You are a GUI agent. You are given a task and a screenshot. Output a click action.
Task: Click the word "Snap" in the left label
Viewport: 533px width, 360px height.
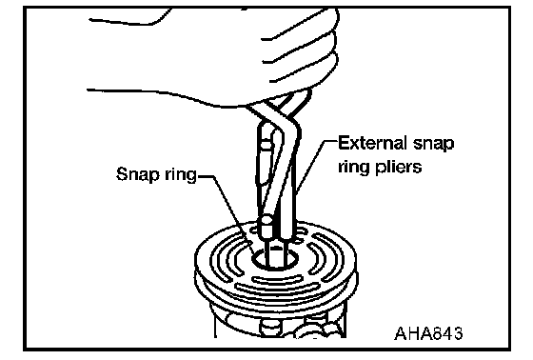point(138,174)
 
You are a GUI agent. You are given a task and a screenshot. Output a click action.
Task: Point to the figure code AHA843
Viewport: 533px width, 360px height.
point(428,333)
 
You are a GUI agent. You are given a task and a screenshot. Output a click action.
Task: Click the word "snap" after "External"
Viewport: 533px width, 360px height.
point(433,144)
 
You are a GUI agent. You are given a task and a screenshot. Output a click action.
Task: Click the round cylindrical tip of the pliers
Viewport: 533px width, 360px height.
point(266,227)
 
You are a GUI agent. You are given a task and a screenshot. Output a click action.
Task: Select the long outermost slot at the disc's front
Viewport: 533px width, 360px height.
point(274,292)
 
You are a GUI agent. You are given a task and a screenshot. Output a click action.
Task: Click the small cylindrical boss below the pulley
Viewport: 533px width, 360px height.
point(270,328)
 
